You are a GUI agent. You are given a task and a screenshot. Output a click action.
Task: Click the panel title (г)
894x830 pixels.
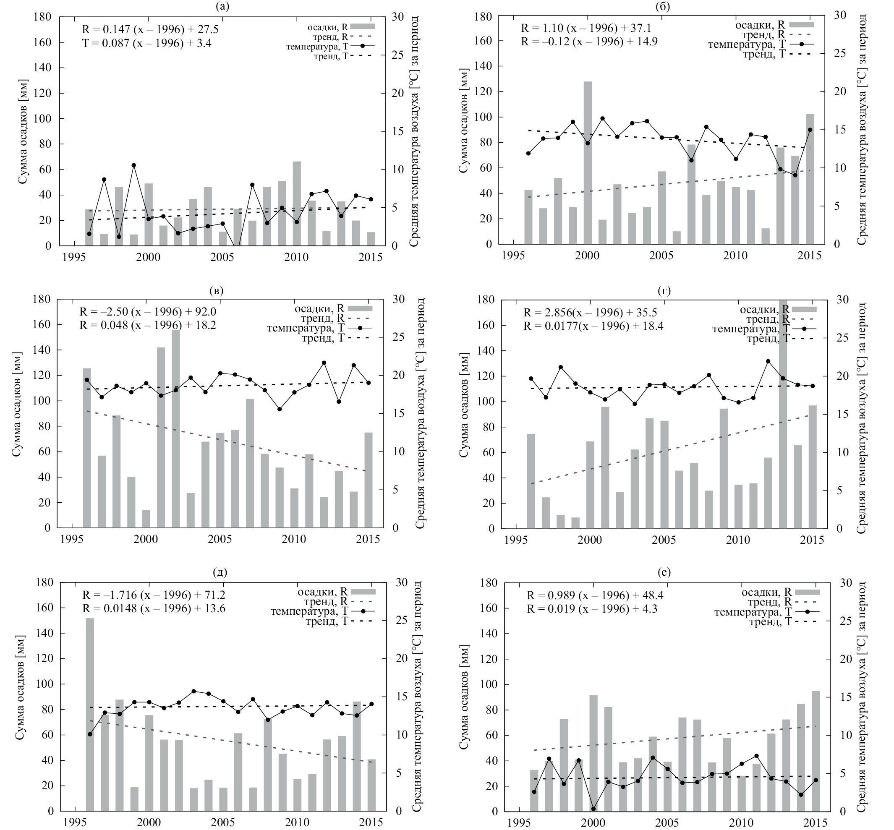click(664, 291)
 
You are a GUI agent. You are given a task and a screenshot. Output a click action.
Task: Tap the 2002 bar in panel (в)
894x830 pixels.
click(176, 429)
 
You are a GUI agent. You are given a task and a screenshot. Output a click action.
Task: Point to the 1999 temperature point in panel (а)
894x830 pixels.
click(133, 165)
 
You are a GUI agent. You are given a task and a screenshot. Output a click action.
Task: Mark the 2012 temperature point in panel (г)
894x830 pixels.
click(768, 361)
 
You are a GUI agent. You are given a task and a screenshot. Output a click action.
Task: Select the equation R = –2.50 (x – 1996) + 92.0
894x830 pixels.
click(147, 311)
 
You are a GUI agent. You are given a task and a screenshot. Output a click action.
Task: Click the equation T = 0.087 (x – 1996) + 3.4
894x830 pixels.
click(146, 44)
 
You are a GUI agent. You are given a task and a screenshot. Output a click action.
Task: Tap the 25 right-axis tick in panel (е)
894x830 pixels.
click(845, 621)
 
